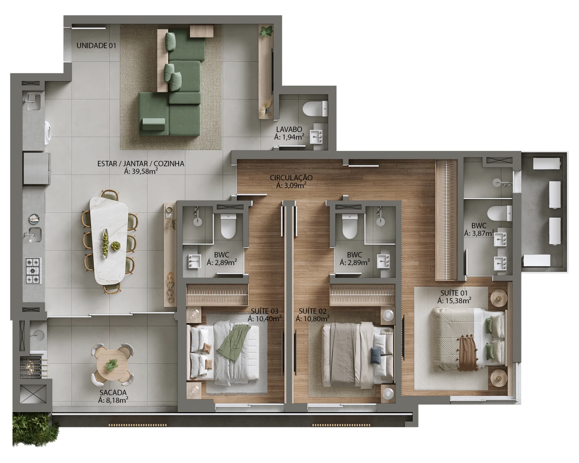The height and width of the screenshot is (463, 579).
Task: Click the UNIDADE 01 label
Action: (96, 46)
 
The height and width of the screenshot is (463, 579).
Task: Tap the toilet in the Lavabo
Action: (315, 109)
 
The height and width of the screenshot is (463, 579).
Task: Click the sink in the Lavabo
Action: (317, 137)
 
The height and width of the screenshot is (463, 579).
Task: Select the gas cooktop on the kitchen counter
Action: (33, 270)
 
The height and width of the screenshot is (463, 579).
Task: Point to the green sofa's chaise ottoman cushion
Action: (153, 124)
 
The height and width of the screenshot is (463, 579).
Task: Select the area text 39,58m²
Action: (141, 171)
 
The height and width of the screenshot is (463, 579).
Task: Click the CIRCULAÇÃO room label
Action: (291, 177)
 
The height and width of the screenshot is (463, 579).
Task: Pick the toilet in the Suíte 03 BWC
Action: (229, 226)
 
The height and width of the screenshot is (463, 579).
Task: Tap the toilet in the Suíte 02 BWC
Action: (349, 226)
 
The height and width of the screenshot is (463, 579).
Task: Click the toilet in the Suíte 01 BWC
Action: (499, 213)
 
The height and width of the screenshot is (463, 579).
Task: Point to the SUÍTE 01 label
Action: (454, 293)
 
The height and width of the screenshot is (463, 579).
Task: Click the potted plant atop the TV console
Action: (266, 32)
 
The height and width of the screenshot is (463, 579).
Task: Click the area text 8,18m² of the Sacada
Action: (113, 400)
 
